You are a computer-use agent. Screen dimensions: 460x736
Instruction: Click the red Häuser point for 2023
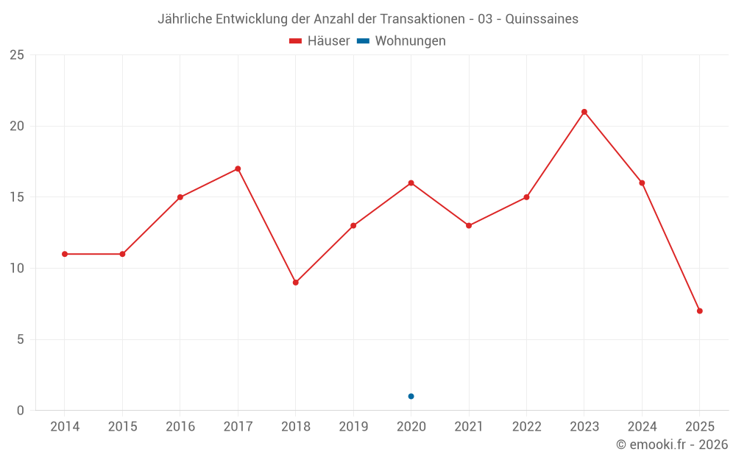pos(584,112)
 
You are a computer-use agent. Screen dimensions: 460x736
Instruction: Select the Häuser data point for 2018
pos(295,283)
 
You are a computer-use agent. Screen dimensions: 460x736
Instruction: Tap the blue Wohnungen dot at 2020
pos(411,396)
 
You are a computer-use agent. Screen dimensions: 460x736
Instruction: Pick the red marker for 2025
pos(700,311)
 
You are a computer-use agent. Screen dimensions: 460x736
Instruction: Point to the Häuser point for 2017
pos(238,169)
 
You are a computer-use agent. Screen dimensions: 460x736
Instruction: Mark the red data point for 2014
pos(65,254)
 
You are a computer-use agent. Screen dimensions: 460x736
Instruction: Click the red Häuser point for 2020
pos(411,183)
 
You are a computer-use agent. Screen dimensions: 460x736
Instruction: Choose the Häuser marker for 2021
pos(469,225)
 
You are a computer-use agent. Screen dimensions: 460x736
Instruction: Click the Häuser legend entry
pos(319,41)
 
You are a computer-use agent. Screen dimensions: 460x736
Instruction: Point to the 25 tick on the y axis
pos(17,55)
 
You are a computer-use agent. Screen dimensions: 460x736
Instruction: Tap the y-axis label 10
pos(17,269)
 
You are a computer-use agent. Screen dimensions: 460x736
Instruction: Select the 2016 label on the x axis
pos(180,427)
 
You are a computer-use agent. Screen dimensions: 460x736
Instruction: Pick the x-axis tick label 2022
pos(526,427)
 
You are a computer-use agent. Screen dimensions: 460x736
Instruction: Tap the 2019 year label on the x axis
pos(353,427)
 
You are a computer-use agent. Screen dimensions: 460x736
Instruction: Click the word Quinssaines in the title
pos(542,19)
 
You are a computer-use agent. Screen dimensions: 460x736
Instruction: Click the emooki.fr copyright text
pos(672,445)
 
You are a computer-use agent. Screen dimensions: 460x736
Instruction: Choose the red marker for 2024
pos(642,183)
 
